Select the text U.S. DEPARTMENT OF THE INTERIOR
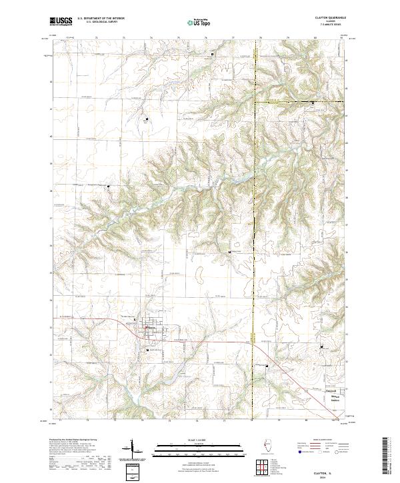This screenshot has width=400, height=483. (101, 19)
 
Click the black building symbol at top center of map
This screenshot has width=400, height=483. (213, 54)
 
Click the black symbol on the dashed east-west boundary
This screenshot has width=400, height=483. (313, 102)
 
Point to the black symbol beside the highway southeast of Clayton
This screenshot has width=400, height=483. (266, 365)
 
